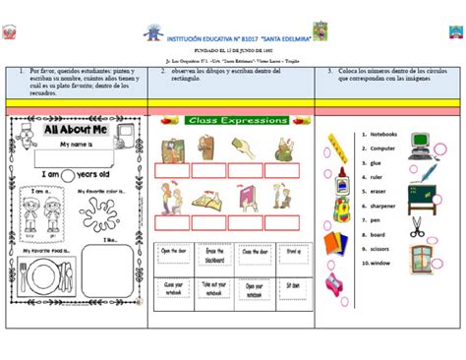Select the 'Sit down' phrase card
[292, 284]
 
